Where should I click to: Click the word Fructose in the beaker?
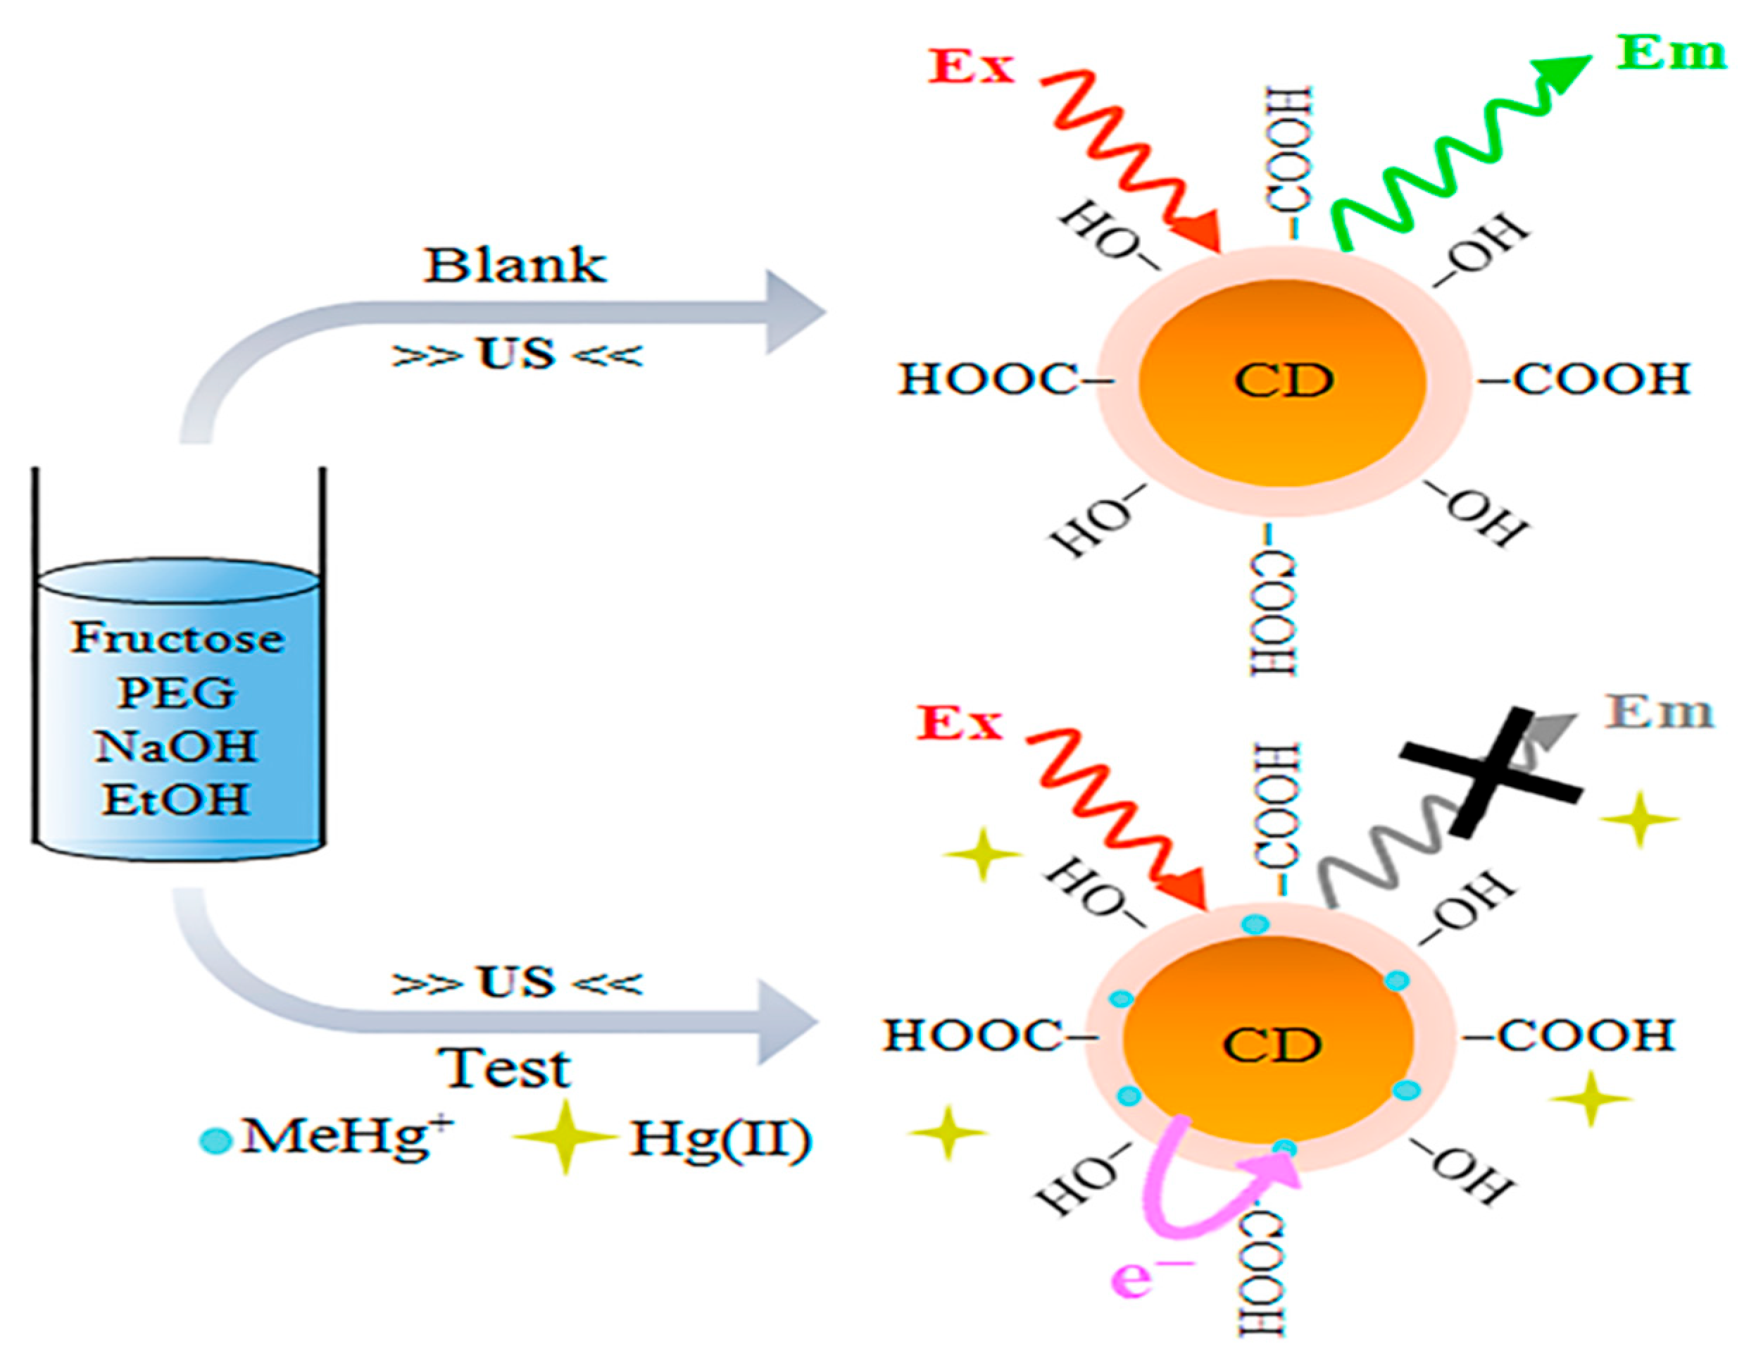[x=176, y=639]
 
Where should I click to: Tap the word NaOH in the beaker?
[x=176, y=747]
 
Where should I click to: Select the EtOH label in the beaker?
[x=175, y=799]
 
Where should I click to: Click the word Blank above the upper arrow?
[x=515, y=266]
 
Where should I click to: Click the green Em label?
[x=1671, y=54]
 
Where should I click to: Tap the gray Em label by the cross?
[x=1658, y=712]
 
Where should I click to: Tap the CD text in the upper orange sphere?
[x=1284, y=380]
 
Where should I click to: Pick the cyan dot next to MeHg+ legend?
[x=215, y=1140]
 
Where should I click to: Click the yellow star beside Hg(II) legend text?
[x=565, y=1137]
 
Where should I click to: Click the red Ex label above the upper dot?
[x=971, y=67]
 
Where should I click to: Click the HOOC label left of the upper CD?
[x=988, y=379]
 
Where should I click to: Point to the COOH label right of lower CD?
[x=1582, y=1035]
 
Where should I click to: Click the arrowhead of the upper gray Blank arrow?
[x=792, y=312]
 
